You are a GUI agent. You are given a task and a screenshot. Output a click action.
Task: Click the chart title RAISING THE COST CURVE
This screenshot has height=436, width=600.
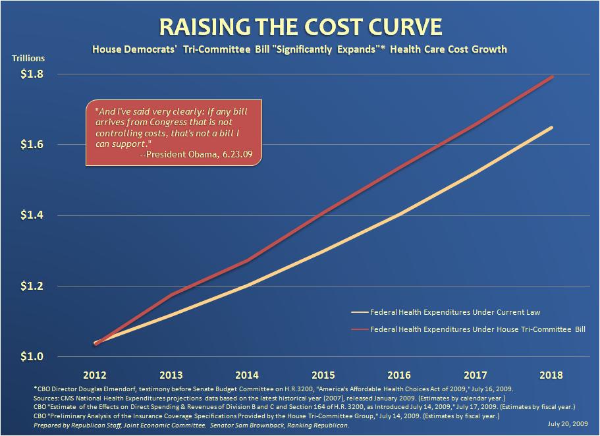tap(300, 26)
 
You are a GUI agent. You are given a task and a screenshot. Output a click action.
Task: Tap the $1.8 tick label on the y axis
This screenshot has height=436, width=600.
tap(32, 74)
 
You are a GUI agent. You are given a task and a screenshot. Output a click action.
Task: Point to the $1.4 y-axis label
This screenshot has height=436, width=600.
tap(32, 215)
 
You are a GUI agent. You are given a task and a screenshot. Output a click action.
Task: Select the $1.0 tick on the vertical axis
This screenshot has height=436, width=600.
tap(32, 356)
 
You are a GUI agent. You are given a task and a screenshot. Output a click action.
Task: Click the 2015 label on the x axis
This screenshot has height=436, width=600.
tap(323, 375)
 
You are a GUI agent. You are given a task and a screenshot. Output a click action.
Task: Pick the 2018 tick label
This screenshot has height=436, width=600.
tap(551, 375)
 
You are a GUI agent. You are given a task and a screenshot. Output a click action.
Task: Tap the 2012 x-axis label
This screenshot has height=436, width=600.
tap(95, 375)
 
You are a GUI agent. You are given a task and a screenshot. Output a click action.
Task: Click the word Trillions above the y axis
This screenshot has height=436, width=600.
tap(28, 58)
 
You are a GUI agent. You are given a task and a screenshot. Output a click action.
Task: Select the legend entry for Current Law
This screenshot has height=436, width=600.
tap(446, 312)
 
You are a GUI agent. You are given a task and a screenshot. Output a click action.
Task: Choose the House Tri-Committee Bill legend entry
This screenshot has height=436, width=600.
tap(468, 329)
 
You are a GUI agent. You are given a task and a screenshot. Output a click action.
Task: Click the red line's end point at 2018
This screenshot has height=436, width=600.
tap(552, 77)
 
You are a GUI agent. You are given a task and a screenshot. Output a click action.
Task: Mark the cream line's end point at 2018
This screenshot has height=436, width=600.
tap(552, 128)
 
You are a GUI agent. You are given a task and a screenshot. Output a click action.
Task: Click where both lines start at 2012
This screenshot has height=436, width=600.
tap(95, 343)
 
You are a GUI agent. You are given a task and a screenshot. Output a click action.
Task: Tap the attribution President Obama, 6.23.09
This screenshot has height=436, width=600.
tap(199, 154)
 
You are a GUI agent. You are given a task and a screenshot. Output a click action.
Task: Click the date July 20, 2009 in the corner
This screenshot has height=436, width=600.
tap(568, 423)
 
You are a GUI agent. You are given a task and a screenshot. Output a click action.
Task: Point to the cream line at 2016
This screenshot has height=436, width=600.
tap(399, 215)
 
